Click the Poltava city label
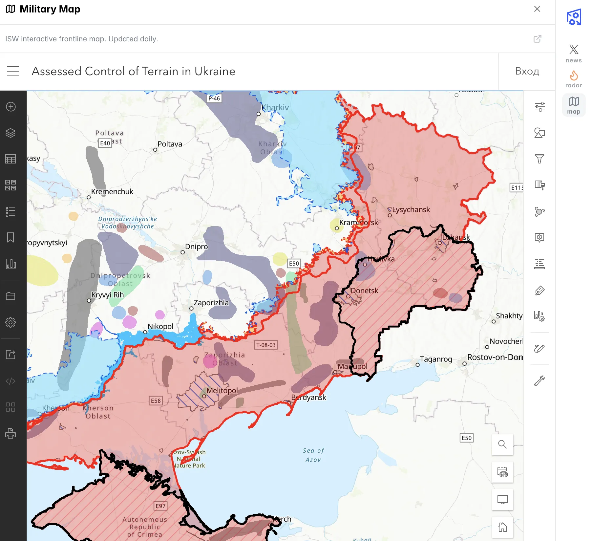tap(170, 144)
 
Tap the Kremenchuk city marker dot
tap(89, 197)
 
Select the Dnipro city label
tap(196, 247)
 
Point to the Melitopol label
tap(222, 391)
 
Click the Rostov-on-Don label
tap(495, 357)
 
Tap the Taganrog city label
tap(436, 359)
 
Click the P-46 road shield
tap(214, 98)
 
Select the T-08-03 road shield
tap(266, 345)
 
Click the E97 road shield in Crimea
tap(160, 506)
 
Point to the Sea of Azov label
tap(313, 455)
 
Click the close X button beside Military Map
tap(537, 9)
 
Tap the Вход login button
tap(527, 71)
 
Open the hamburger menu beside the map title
tap(13, 71)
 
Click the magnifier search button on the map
tap(502, 444)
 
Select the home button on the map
tap(502, 527)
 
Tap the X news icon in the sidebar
tap(574, 53)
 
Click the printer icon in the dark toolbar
tap(11, 433)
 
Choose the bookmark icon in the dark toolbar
tap(11, 237)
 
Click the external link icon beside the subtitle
tap(537, 39)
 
